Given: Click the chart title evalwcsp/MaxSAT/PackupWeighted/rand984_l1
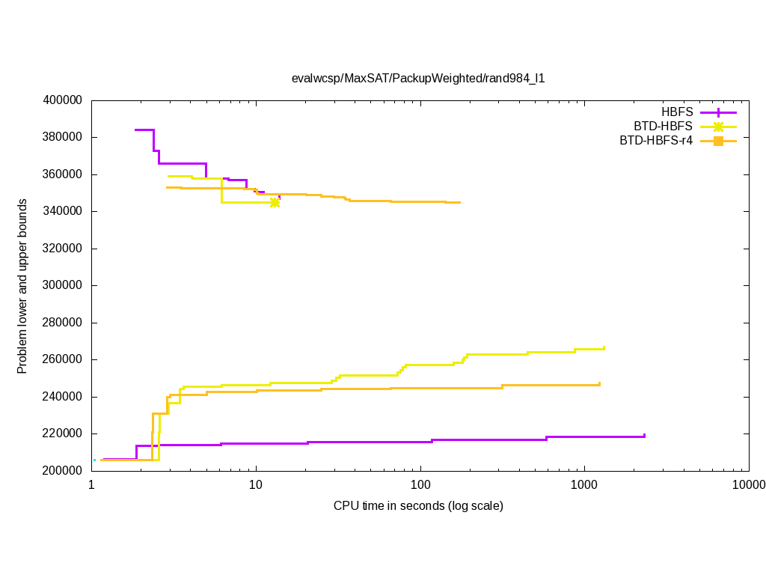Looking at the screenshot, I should [x=418, y=78].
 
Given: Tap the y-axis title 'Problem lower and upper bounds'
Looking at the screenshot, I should [x=22, y=287].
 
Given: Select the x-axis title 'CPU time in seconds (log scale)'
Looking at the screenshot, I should [x=418, y=506].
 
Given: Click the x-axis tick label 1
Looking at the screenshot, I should [x=91, y=484].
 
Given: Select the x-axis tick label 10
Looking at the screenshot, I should [x=256, y=484].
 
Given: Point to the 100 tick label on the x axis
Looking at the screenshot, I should [x=420, y=484].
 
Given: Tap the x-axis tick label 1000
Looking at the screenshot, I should [x=583, y=484].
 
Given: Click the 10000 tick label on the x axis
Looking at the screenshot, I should [x=748, y=484].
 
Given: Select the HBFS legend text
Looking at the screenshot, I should [x=677, y=112].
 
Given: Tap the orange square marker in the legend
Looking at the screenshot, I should [x=718, y=141].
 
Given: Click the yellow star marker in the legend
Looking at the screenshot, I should [x=718, y=127].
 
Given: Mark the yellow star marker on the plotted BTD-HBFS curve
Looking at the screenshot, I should [x=275, y=202].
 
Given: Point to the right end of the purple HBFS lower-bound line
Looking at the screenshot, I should [x=644, y=436].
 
